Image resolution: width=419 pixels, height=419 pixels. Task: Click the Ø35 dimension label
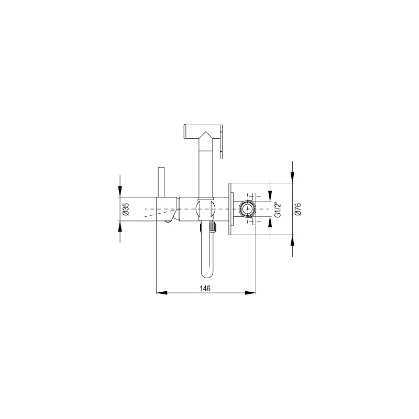126,209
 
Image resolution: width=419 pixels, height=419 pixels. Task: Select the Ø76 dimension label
298,209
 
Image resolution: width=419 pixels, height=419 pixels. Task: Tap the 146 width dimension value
205,289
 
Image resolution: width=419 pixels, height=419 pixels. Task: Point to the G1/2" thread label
278,210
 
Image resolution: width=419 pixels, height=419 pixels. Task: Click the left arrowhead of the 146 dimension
162,293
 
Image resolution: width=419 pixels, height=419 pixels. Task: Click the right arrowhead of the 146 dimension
250,293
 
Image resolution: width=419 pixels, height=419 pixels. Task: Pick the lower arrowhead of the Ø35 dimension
120,226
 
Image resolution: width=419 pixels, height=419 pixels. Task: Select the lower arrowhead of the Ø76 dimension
293,240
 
